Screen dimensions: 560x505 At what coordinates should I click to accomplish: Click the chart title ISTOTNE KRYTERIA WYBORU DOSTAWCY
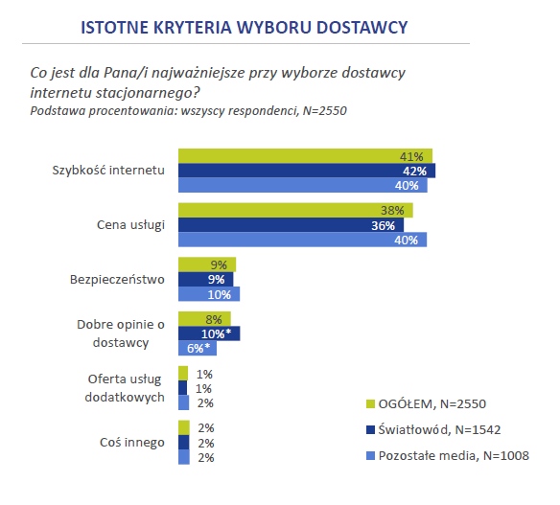tap(244, 28)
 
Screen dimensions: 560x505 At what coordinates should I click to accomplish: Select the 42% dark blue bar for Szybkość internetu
tap(307, 171)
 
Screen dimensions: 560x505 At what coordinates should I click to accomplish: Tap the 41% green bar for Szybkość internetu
tap(305, 156)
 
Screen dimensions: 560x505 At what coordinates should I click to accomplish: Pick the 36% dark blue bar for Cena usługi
tap(292, 225)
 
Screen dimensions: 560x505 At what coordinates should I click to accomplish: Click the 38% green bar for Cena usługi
tap(295, 210)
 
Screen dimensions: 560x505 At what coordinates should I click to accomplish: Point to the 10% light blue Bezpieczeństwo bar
tap(209, 294)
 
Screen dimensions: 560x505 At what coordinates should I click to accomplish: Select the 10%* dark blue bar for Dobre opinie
tap(209, 333)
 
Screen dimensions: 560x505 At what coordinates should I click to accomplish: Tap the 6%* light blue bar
tap(198, 348)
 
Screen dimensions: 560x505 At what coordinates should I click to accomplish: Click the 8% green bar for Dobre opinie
tap(204, 319)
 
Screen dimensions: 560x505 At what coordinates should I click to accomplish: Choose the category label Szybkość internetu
tap(108, 171)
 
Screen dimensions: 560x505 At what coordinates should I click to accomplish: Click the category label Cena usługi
tap(130, 225)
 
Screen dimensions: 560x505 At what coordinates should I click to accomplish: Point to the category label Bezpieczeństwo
tap(117, 280)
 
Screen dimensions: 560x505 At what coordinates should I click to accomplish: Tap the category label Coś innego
tap(132, 443)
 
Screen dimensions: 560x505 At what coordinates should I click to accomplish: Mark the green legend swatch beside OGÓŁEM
tap(370, 404)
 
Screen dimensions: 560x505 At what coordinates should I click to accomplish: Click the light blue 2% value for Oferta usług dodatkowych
tap(205, 403)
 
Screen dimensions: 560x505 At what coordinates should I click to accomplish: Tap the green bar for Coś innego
tap(184, 427)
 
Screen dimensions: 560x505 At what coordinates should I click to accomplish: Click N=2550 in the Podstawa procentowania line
tap(325, 111)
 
